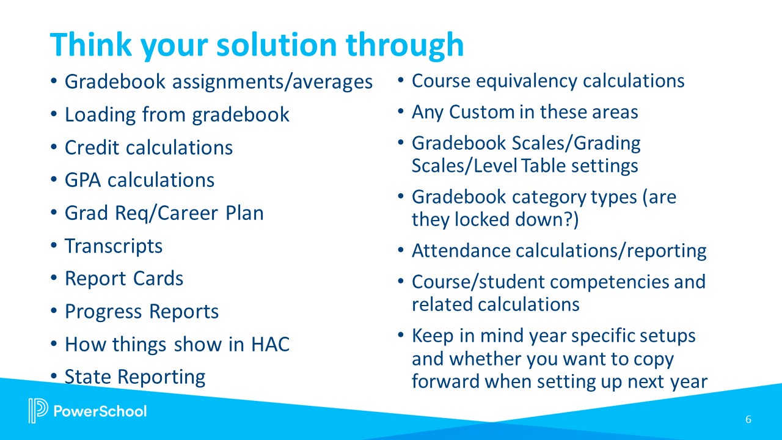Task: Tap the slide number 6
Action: (x=748, y=419)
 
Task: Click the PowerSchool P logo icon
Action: (x=38, y=410)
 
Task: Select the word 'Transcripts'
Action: (x=114, y=246)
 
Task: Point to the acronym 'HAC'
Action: (x=270, y=345)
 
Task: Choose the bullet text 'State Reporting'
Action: (x=134, y=376)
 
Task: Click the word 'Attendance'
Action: (x=462, y=251)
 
